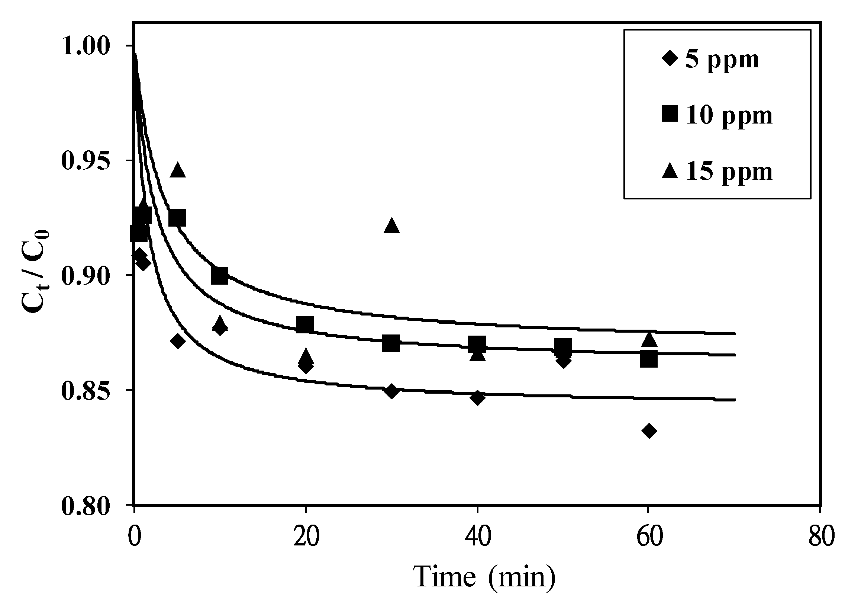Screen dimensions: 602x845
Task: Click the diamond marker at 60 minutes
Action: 649,431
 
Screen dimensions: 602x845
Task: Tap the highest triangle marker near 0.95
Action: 178,170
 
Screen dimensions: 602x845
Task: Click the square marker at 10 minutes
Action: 219,276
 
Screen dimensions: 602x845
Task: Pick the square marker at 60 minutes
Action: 648,359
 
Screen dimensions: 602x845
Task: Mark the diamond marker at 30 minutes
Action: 391,391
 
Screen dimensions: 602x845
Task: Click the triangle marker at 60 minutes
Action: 649,339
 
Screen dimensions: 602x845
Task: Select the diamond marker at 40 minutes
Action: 478,398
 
